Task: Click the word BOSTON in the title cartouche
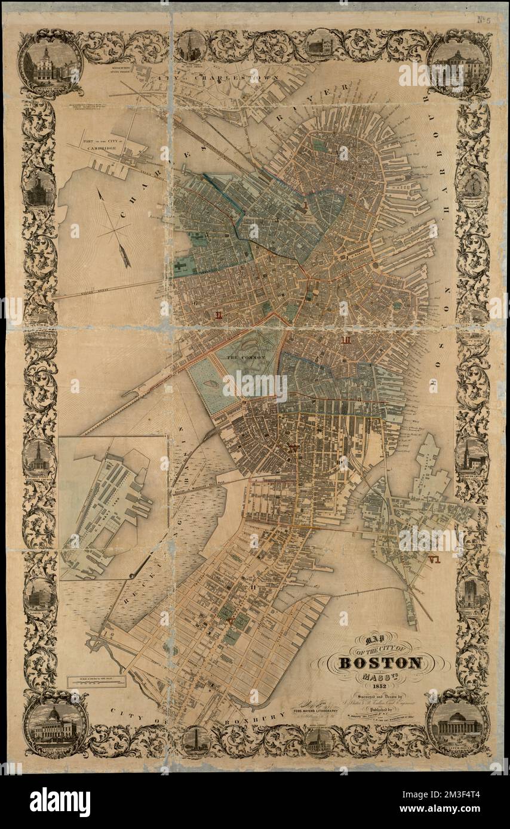tap(381, 663)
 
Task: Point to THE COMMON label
tap(244, 357)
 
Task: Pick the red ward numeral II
tap(220, 315)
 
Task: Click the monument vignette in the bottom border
tap(195, 740)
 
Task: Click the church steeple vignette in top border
tap(192, 47)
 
